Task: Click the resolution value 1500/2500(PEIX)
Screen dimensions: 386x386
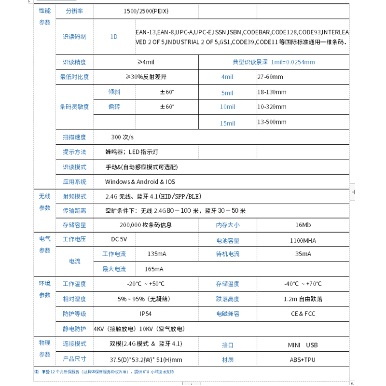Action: point(146,11)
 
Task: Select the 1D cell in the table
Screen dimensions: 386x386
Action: point(114,36)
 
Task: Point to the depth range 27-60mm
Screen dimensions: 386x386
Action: point(270,77)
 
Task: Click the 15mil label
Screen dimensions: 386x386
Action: point(227,123)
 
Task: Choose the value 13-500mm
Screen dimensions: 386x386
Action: point(272,122)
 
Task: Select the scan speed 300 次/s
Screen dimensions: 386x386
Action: point(123,137)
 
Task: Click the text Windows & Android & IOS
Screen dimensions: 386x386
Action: point(140,182)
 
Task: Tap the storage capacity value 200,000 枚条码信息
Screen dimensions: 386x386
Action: point(146,225)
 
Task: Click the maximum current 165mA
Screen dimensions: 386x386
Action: point(154,269)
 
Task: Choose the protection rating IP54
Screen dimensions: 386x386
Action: point(146,314)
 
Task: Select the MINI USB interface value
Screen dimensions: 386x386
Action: point(303,345)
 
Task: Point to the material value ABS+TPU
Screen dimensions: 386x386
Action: point(303,359)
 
